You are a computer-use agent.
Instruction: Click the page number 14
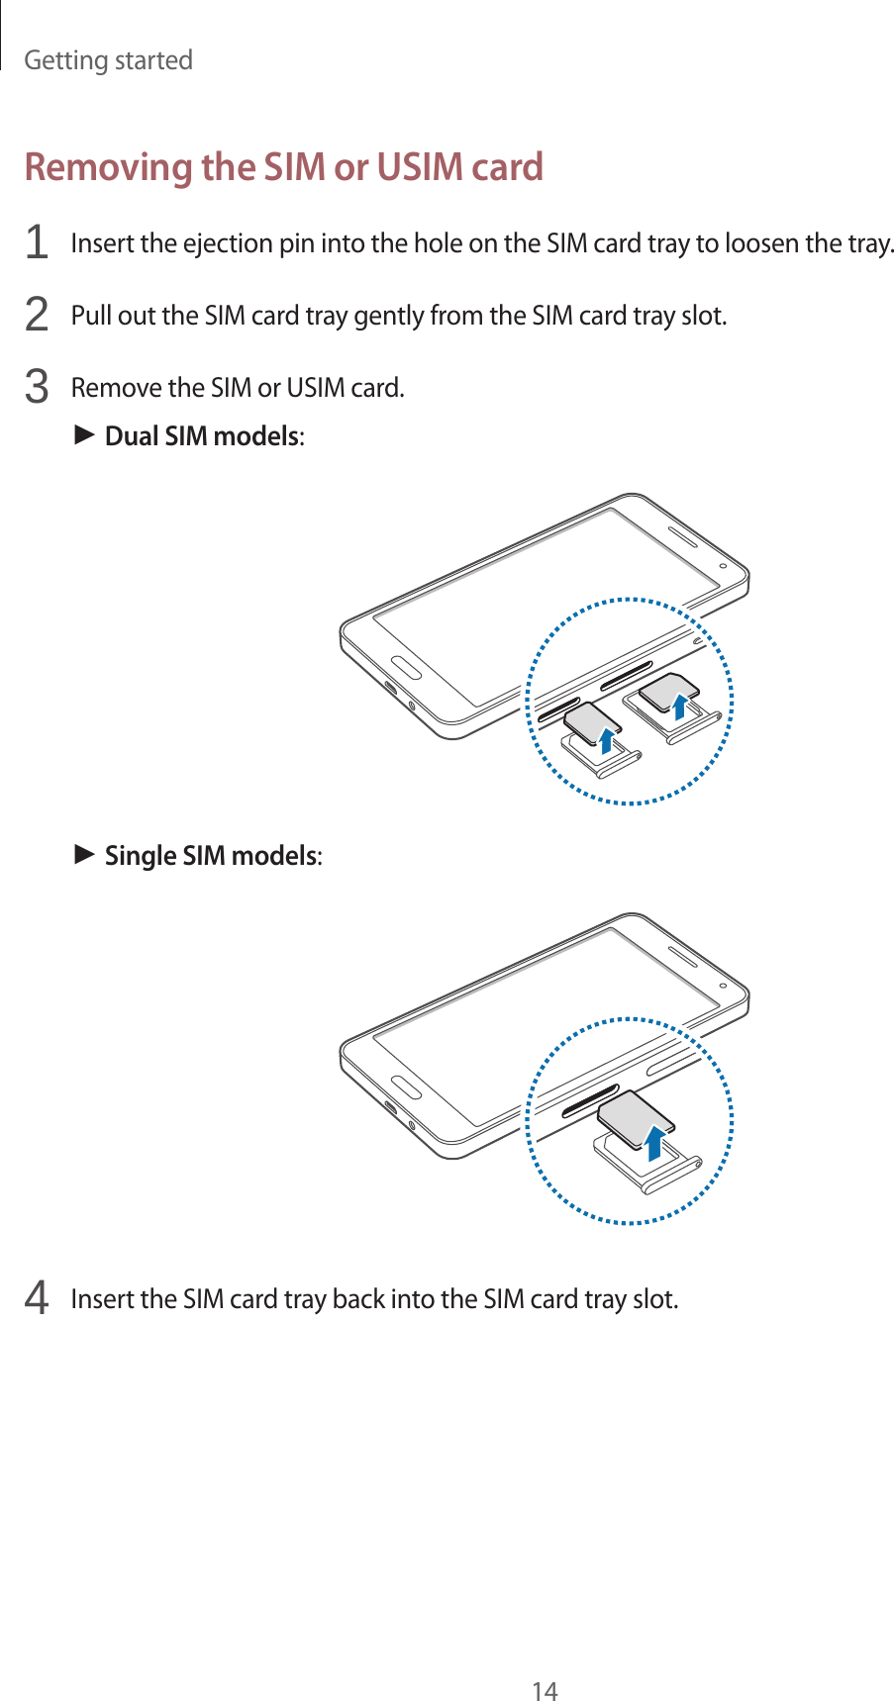(545, 1663)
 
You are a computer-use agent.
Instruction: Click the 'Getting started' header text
(108, 60)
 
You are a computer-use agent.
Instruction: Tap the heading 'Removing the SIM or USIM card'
(284, 167)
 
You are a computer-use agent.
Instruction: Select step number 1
(36, 243)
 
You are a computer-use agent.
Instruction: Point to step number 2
(36, 316)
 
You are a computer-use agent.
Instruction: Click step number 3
(36, 387)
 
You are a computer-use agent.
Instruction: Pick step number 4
(36, 1298)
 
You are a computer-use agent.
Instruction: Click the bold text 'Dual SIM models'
(202, 436)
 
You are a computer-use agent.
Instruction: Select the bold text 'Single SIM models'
(211, 855)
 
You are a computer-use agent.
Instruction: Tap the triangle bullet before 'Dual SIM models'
(84, 434)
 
